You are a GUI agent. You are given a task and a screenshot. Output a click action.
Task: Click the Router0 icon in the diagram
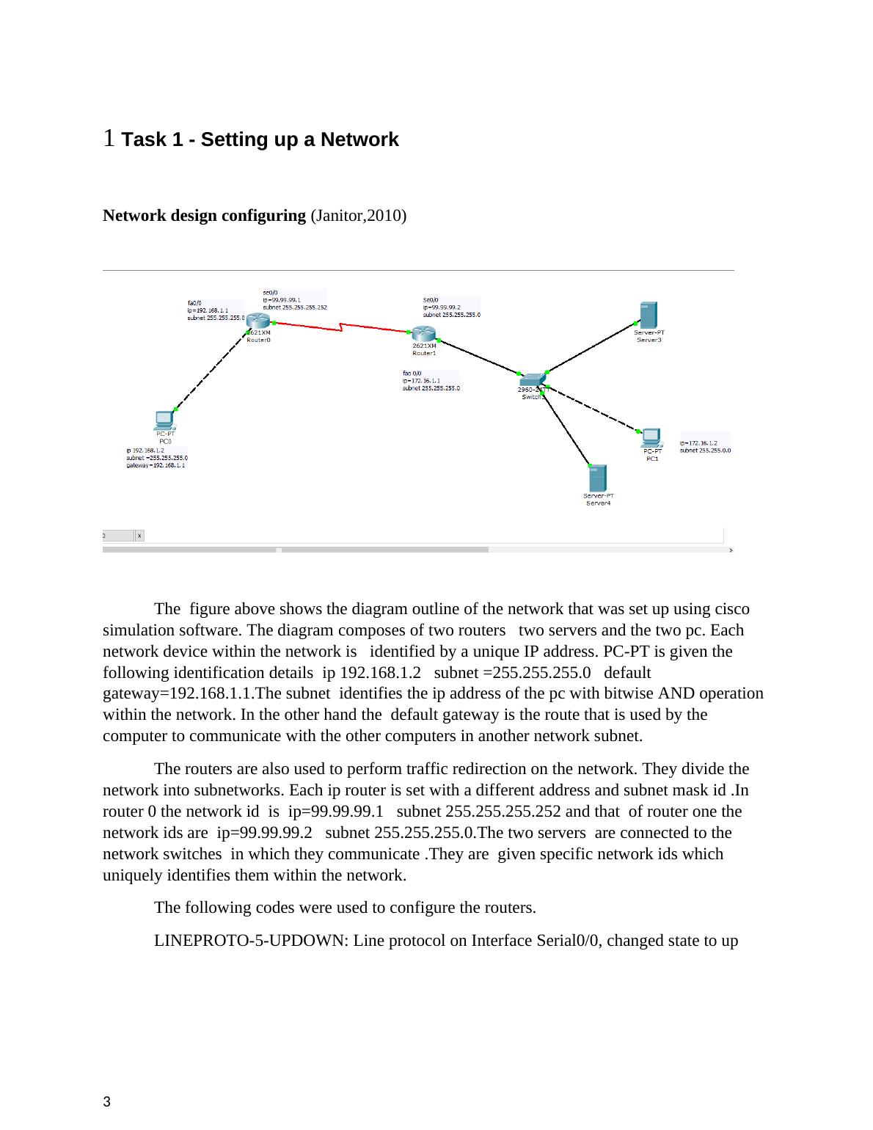click(258, 321)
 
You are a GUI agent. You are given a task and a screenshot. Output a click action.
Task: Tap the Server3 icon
click(648, 315)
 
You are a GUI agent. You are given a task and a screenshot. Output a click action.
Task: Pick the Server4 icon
click(597, 478)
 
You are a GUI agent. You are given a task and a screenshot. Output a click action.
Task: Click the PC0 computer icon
click(164, 420)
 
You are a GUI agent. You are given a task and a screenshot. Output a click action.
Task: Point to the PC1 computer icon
click(651, 438)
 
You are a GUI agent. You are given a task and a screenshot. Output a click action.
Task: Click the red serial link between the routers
click(340, 328)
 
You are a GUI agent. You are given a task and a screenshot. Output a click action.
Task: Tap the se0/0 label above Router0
click(270, 292)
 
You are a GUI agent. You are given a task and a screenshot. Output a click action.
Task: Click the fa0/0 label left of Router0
click(194, 302)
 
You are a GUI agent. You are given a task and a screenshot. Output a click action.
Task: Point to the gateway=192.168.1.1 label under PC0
click(156, 465)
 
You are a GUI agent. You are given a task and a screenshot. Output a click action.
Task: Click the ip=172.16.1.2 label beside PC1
click(698, 443)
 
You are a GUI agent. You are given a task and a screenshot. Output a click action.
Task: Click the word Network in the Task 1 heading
click(359, 139)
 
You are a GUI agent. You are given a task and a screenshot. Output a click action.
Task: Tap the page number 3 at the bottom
click(107, 1101)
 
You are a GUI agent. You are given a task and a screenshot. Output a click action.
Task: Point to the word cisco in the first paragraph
click(731, 609)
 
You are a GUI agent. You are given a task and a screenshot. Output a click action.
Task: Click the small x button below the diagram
click(139, 536)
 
